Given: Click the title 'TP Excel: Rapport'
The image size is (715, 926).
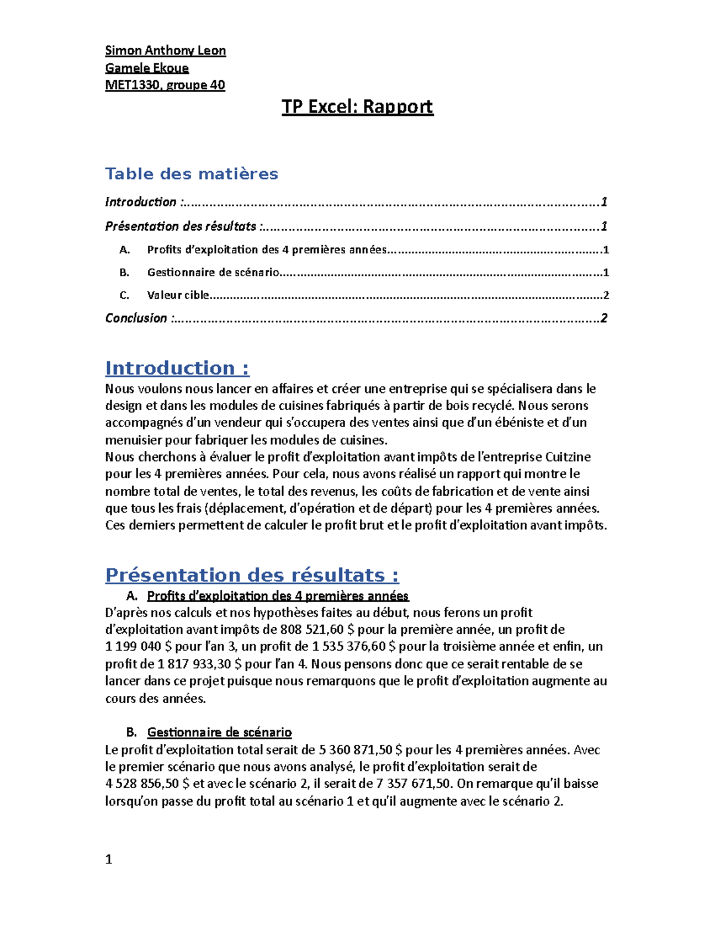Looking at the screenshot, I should [357, 107].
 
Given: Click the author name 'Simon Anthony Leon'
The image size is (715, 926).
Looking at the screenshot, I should [165, 51].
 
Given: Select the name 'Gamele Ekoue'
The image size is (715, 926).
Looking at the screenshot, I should [147, 68].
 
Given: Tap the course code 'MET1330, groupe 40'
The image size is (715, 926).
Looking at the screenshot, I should [165, 85].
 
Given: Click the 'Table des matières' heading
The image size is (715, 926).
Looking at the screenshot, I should [191, 174].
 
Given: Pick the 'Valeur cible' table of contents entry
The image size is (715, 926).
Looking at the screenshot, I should [178, 295].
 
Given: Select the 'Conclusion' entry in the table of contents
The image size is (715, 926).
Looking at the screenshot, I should [136, 318].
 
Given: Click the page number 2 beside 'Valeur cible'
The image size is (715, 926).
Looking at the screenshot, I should [606, 295].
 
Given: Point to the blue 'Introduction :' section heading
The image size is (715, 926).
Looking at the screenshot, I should [177, 368].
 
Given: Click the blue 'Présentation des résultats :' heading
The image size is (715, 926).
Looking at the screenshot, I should [252, 575].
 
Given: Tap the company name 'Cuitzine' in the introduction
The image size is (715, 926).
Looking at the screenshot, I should [568, 457].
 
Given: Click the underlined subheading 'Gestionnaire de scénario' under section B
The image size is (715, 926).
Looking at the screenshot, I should [219, 732].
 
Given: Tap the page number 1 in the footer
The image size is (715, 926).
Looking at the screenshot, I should [108, 859].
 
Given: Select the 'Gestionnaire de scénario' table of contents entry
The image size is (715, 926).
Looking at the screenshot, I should [213, 272].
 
